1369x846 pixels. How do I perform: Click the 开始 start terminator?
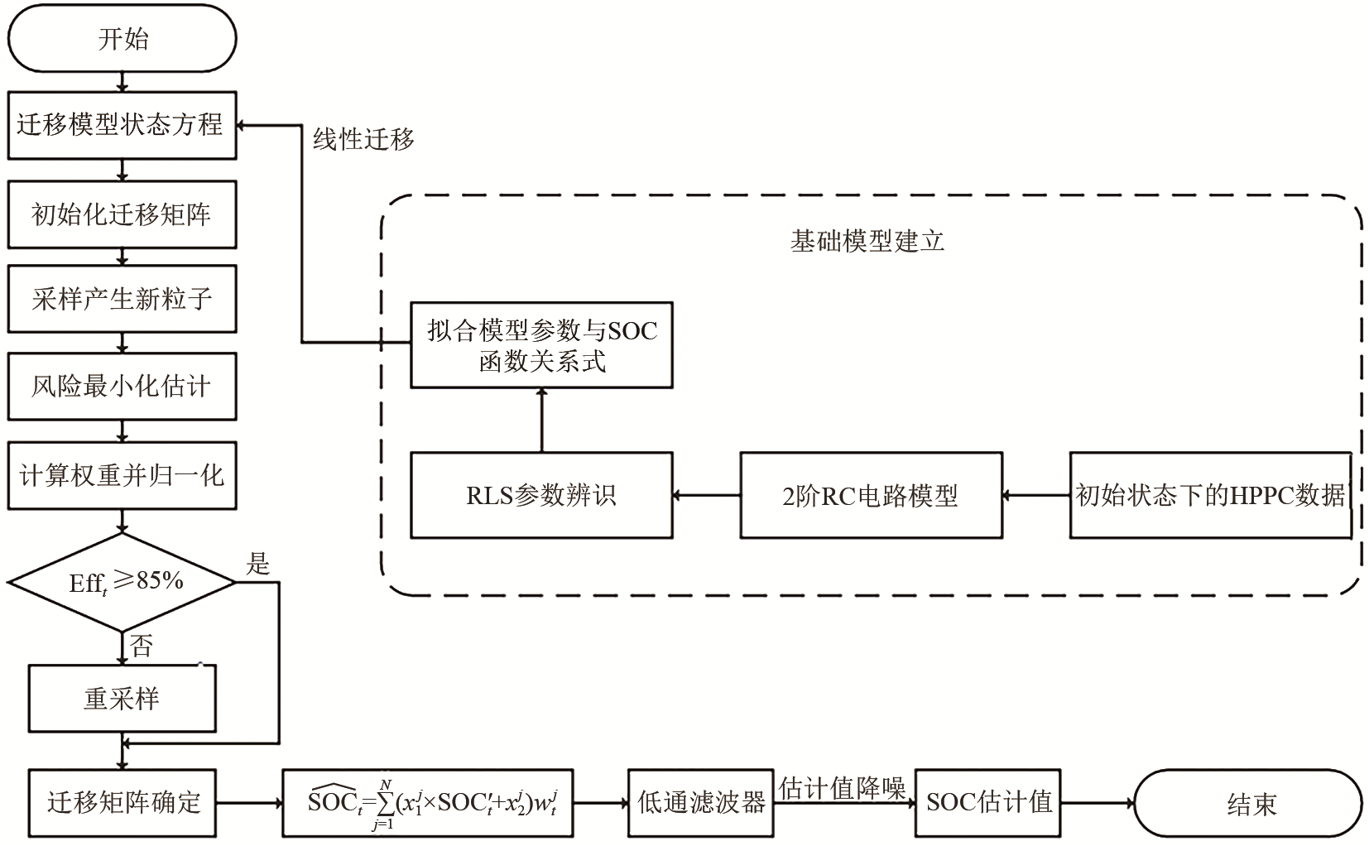122,38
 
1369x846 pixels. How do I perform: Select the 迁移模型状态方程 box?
122,125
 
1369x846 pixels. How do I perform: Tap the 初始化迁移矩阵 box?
122,214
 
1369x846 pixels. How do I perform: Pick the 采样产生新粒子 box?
122,299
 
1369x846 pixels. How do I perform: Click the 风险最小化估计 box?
122,386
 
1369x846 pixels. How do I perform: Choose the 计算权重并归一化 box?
122,475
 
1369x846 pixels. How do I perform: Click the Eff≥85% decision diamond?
122,582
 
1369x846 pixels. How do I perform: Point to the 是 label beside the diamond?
257,565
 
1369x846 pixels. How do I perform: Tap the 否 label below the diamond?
142,646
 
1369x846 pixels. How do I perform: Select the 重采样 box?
122,698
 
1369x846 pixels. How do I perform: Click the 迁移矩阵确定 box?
122,802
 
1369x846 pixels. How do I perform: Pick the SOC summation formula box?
427,803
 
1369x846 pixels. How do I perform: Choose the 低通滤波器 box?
700,803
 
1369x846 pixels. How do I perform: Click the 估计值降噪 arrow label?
843,787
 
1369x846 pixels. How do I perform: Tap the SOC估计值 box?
988,802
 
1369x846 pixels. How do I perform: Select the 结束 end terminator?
1248,803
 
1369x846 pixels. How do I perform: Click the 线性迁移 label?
363,139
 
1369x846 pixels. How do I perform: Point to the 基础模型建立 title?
867,241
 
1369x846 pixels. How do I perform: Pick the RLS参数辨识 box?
541,495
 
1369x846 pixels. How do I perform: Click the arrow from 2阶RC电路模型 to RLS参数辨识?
706,495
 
